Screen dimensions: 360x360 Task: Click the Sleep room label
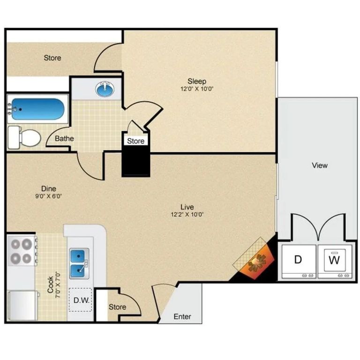(x=197, y=81)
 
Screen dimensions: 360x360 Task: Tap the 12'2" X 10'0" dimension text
(x=187, y=215)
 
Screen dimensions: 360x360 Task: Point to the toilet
(x=26, y=136)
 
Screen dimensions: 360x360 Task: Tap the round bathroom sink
(x=105, y=89)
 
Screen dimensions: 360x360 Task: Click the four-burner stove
(x=21, y=251)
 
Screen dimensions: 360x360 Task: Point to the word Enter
(x=182, y=316)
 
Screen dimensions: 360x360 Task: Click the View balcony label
(x=320, y=165)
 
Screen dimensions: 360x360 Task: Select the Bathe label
(x=64, y=139)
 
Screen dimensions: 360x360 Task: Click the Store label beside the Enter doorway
(x=117, y=307)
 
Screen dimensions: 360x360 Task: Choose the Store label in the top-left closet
(x=52, y=58)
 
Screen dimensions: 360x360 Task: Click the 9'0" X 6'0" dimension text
(x=49, y=196)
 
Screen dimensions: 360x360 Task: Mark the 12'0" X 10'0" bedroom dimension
(x=197, y=89)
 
